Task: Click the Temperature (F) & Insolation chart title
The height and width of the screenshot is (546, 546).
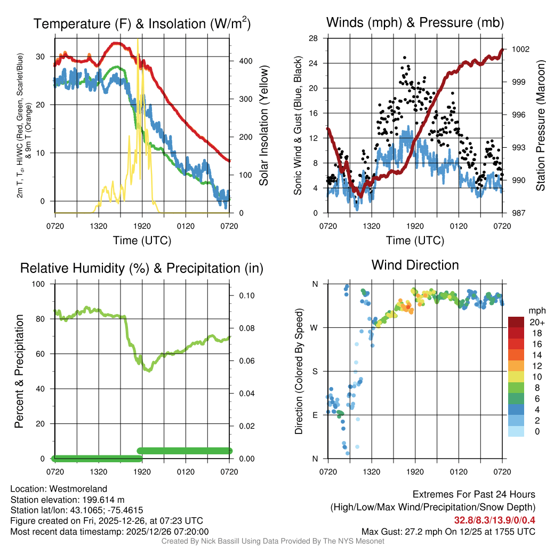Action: click(x=142, y=23)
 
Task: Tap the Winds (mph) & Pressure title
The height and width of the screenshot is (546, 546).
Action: click(x=415, y=22)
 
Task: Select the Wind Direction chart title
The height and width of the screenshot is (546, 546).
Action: click(x=415, y=265)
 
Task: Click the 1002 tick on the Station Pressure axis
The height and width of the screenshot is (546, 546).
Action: click(x=520, y=49)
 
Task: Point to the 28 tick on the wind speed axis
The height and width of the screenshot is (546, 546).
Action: click(x=314, y=38)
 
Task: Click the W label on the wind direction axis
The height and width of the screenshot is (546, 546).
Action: click(x=315, y=328)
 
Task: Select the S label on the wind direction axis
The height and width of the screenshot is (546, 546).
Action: click(x=315, y=372)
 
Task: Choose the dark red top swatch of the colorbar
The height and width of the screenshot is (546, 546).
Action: click(x=516, y=322)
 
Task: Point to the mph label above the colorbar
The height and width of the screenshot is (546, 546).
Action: click(x=536, y=310)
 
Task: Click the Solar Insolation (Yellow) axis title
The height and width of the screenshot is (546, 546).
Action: click(x=263, y=126)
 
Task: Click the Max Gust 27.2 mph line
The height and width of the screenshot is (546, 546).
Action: click(x=448, y=531)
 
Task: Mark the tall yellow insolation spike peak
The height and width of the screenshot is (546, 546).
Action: click(x=138, y=40)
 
